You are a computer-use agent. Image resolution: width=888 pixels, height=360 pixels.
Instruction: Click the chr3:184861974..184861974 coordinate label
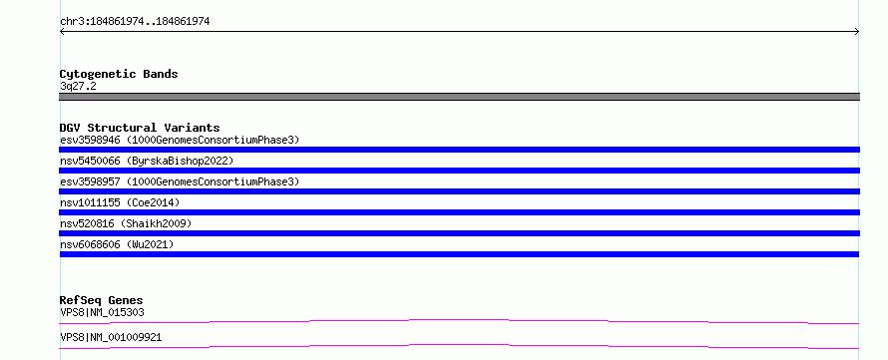[x=135, y=22]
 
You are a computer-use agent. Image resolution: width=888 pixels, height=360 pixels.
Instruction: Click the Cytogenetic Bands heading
[x=119, y=74]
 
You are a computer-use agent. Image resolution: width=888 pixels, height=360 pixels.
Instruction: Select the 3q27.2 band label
[x=78, y=87]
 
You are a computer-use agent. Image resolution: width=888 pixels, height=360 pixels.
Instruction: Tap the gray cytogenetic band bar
[x=459, y=97]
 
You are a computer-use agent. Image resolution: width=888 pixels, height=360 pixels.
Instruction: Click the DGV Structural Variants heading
[x=140, y=128]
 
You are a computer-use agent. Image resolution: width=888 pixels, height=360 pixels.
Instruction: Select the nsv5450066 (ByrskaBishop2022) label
[x=147, y=161]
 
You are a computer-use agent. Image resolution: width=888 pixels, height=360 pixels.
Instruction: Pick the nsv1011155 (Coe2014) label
[x=120, y=202]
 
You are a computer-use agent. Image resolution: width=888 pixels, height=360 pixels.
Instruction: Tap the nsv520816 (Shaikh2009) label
[x=126, y=223]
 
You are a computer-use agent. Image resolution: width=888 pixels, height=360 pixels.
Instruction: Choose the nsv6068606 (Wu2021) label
[x=117, y=244]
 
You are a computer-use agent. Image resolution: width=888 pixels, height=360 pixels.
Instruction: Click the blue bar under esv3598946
[x=459, y=150]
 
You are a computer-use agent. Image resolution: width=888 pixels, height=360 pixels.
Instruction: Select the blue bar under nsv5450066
[x=459, y=171]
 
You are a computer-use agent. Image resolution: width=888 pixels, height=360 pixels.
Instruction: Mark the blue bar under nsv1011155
[x=459, y=212]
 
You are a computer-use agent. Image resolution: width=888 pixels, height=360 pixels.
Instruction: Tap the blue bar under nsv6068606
[x=459, y=254]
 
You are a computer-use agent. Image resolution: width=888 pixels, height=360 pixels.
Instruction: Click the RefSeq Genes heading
[x=102, y=300]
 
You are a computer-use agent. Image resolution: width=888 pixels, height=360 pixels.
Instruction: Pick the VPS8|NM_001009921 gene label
[x=111, y=337]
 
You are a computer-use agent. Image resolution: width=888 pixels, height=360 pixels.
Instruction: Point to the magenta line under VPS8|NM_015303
[x=459, y=322]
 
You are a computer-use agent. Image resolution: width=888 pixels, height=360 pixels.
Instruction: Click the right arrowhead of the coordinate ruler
[x=857, y=32]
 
